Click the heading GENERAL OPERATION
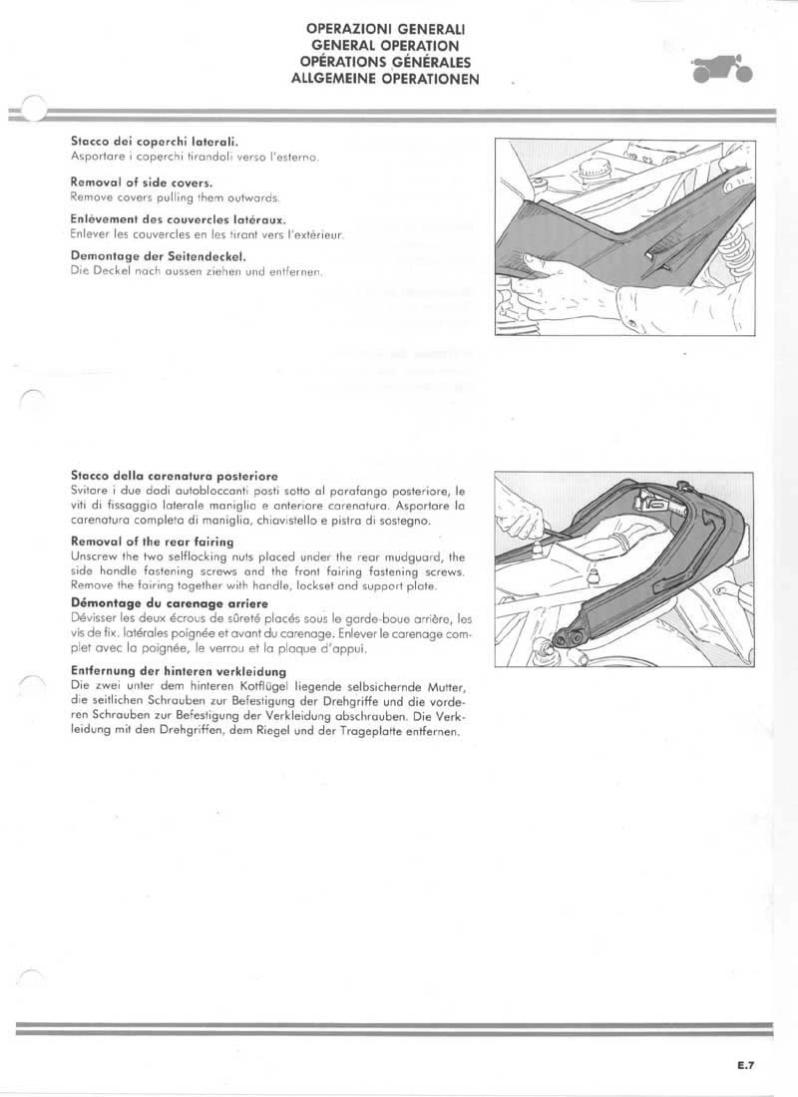[385, 46]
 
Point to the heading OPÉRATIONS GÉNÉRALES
[385, 61]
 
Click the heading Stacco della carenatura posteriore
[175, 476]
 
